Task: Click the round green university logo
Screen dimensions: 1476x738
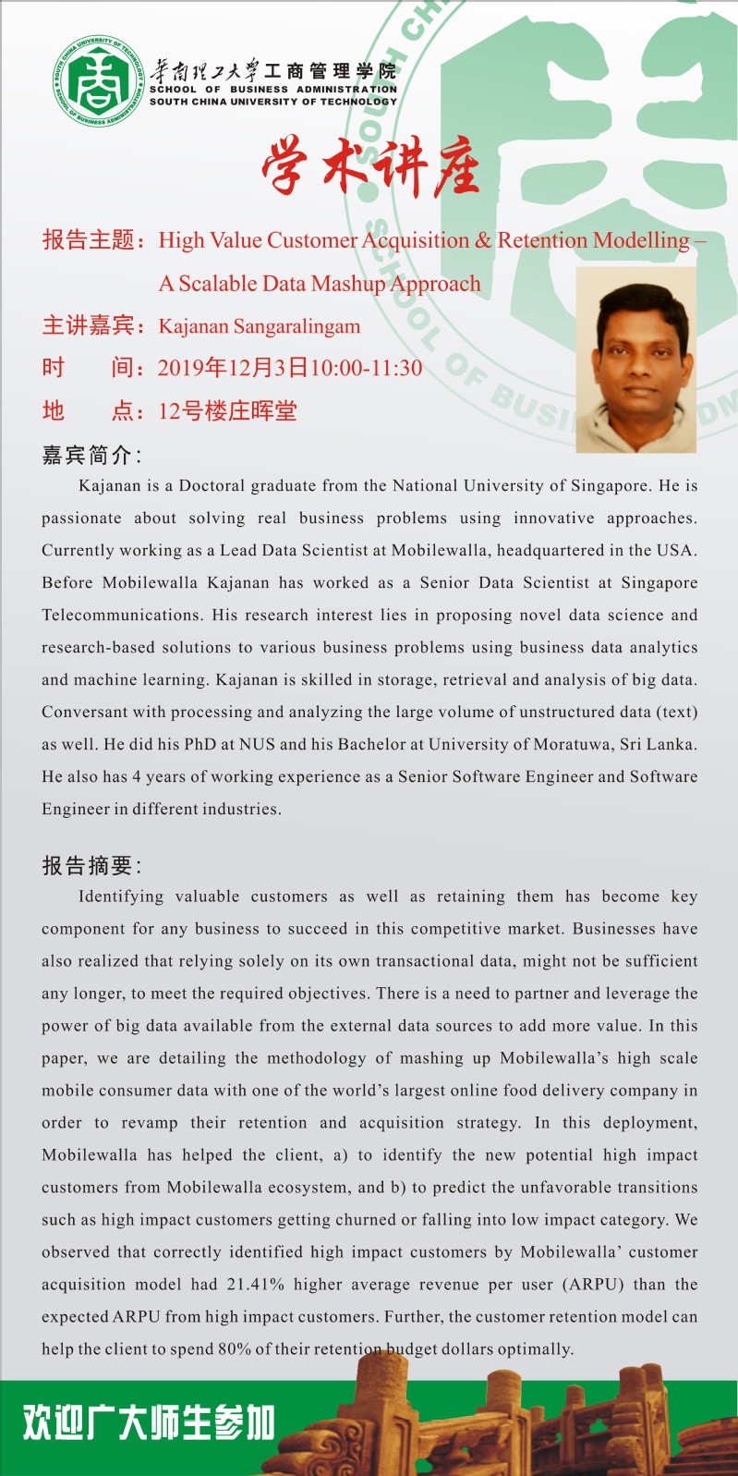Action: [99, 81]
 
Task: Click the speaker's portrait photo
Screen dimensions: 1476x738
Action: [635, 360]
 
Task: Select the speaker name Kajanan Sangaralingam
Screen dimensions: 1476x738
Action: [260, 326]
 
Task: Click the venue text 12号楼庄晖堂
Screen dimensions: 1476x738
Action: [227, 410]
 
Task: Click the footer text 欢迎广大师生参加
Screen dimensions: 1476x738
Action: [149, 1422]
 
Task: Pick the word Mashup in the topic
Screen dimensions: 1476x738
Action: [348, 284]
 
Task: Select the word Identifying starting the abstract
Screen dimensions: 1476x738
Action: [121, 897]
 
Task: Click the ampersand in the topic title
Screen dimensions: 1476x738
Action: [483, 240]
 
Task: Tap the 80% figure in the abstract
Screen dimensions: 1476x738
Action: [235, 1349]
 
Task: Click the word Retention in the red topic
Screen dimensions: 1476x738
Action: [542, 240]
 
